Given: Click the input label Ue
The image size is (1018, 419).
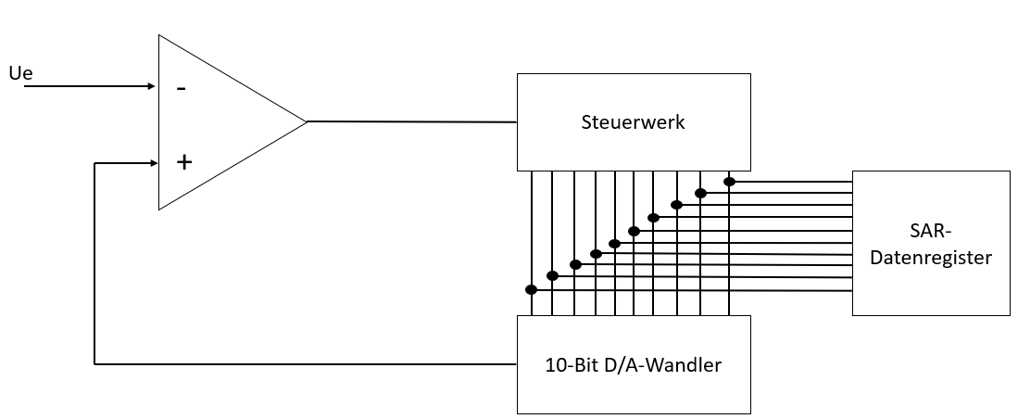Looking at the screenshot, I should click(19, 72).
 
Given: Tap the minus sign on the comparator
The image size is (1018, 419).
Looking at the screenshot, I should click(182, 89).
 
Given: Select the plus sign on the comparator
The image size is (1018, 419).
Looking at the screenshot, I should click(184, 162).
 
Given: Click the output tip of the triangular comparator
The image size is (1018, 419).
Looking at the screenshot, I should click(306, 121).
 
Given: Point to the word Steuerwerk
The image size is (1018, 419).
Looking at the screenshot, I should click(634, 121).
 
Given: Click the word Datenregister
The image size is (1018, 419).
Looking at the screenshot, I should click(931, 257).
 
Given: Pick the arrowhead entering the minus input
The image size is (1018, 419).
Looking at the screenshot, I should click(152, 86).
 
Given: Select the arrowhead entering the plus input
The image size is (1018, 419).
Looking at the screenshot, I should click(152, 164).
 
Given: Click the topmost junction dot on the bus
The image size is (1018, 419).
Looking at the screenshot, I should click(729, 182).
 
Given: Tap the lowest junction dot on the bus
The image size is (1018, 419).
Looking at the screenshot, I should click(531, 289).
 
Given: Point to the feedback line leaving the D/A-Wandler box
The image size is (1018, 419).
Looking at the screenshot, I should click(306, 364).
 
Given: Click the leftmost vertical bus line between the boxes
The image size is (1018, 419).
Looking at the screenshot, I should click(531, 232).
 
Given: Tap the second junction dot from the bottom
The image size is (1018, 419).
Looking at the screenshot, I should click(552, 275).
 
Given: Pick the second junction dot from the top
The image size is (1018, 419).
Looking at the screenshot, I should click(700, 193).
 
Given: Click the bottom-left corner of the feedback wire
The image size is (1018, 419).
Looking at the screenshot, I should click(95, 364).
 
